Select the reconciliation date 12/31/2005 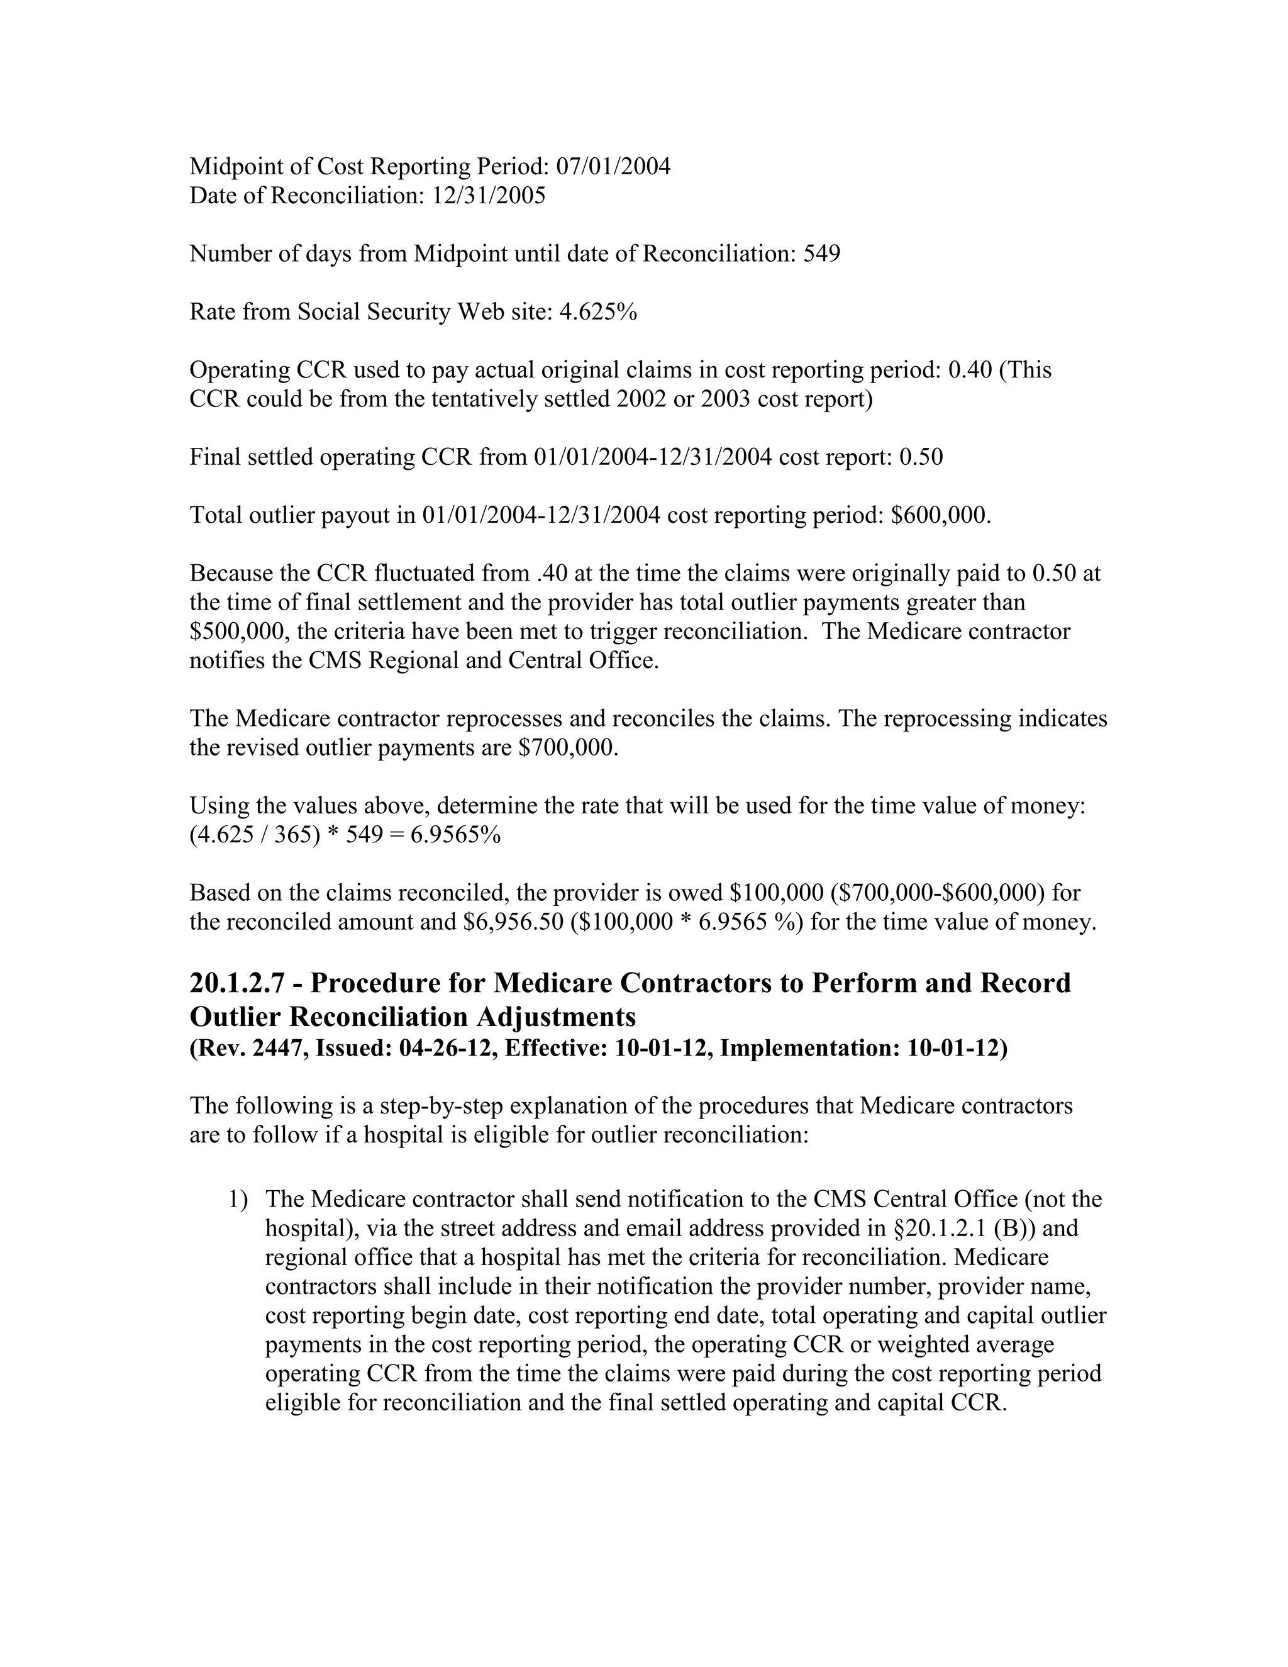click(x=488, y=196)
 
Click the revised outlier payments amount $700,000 click(x=568, y=747)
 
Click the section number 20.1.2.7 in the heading click(x=236, y=983)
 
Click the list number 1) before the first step click(x=238, y=1199)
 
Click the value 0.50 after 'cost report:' click(x=921, y=457)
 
